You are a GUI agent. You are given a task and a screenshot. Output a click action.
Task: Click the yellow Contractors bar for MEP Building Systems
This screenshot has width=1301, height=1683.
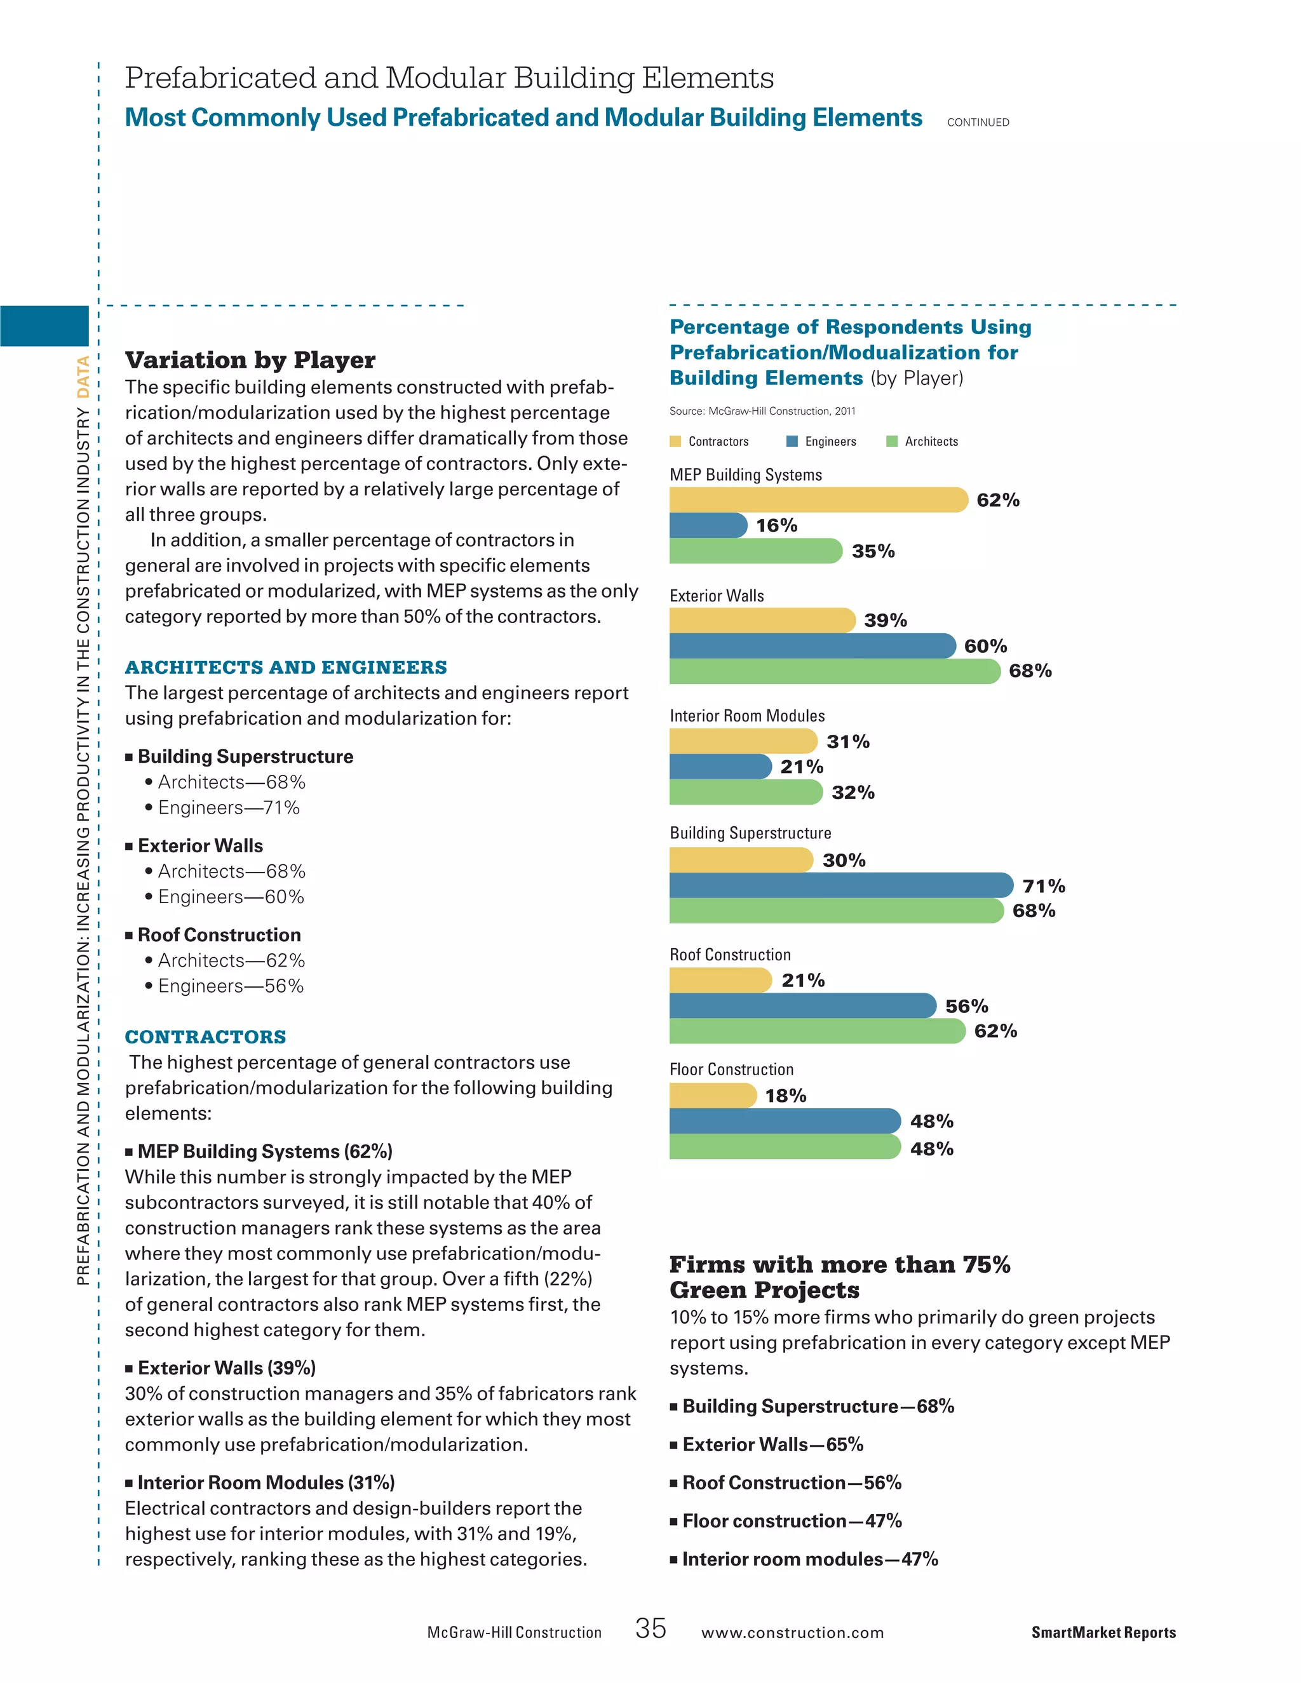coord(817,500)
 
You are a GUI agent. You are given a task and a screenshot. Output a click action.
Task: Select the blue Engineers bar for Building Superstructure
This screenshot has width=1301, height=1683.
coord(840,885)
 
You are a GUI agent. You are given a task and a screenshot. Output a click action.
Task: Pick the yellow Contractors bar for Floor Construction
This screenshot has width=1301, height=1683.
coord(712,1095)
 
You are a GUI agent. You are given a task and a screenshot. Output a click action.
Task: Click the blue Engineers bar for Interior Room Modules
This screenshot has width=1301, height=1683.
coord(720,767)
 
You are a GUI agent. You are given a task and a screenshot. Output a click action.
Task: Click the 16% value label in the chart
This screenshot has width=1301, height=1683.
coord(776,526)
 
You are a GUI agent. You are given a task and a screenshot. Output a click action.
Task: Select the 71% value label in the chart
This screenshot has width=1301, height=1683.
coord(1044,886)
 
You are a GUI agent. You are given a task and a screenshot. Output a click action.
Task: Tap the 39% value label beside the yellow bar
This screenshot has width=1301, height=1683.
coord(885,620)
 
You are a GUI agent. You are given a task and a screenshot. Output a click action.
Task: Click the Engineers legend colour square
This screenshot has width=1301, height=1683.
coord(792,441)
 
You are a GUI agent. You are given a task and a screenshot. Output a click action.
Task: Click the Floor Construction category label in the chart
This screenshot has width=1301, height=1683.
coord(731,1069)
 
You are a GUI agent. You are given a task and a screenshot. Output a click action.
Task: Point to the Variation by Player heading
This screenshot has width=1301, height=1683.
coord(250,360)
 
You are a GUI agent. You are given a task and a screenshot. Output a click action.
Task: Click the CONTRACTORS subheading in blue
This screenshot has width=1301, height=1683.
coord(206,1036)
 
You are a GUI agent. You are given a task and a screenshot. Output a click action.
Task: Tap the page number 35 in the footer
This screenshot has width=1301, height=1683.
coord(650,1628)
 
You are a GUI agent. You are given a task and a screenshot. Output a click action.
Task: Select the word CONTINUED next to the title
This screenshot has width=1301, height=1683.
coord(977,122)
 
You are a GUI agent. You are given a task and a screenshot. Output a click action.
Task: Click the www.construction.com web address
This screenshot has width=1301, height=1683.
coord(792,1632)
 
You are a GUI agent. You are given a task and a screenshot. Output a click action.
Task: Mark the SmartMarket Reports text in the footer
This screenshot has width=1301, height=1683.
coord(1103,1632)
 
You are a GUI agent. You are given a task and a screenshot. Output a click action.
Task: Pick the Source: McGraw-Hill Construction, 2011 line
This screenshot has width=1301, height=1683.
coord(762,411)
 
